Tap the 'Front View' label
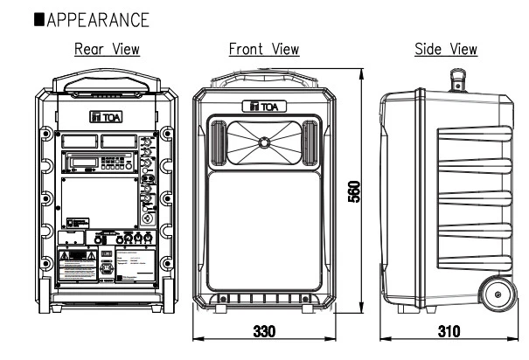coord(264,49)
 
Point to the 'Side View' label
coord(446,49)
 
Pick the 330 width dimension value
coord(263,334)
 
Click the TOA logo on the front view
coord(263,107)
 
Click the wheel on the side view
coord(498,295)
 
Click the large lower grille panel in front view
coord(263,232)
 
